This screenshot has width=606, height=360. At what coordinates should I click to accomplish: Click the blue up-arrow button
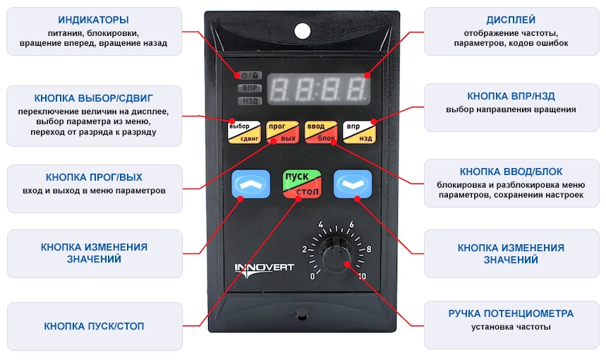250,184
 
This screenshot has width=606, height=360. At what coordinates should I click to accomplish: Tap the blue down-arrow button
353,184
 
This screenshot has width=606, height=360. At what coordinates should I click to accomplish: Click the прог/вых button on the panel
282,132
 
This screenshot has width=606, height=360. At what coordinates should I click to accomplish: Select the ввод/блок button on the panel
321,132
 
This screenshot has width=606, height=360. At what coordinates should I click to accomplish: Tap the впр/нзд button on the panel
359,132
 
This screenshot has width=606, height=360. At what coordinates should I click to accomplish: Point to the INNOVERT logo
264,270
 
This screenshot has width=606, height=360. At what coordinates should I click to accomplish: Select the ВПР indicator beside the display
250,88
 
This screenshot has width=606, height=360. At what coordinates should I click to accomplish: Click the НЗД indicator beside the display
250,101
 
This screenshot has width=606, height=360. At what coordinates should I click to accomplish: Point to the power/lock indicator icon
250,76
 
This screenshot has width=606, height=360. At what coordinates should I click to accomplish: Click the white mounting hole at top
302,31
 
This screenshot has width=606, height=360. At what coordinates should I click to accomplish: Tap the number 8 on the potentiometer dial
369,249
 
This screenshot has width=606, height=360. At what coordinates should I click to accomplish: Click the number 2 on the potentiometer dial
305,249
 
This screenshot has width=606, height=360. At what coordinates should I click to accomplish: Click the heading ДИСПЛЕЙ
511,20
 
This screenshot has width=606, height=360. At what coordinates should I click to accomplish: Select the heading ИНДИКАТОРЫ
94,20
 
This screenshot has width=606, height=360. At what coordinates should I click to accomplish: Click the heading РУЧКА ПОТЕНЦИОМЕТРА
511,313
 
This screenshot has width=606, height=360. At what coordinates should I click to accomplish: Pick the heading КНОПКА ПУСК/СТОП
94,326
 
